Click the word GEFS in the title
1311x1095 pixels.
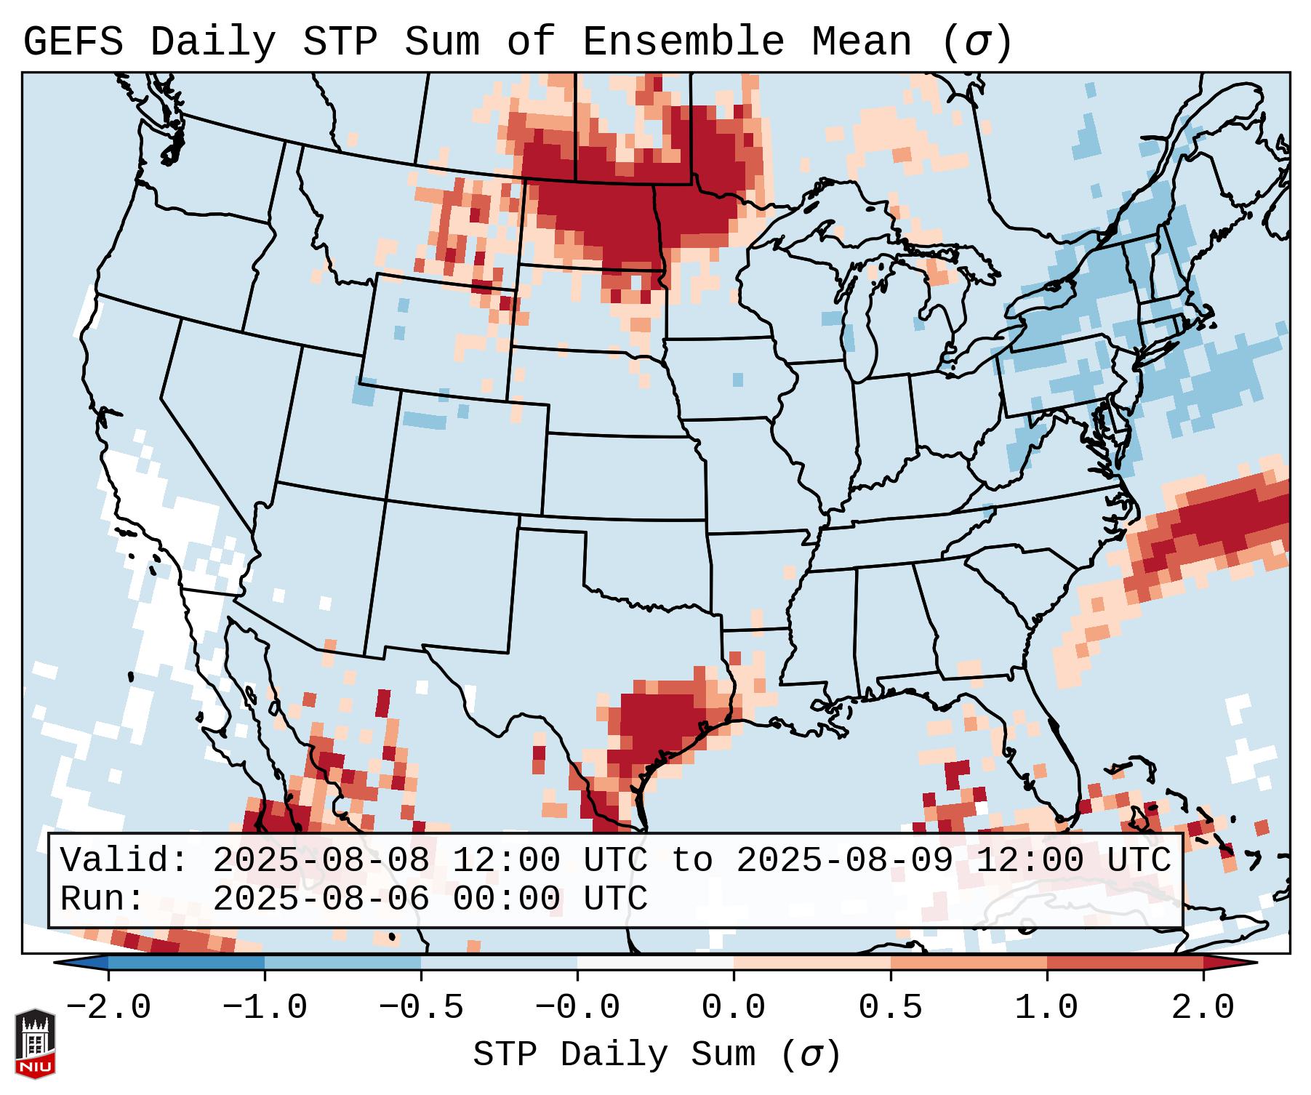click(x=73, y=42)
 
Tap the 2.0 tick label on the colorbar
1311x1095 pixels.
click(x=1203, y=1008)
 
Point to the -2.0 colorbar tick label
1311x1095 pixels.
click(x=108, y=1008)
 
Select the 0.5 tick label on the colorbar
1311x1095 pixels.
click(x=890, y=1008)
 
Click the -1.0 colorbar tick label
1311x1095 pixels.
click(x=265, y=1008)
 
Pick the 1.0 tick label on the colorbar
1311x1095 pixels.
click(x=1046, y=1008)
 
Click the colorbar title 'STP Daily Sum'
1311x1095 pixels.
click(x=614, y=1055)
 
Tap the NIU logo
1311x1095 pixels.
click(x=35, y=1043)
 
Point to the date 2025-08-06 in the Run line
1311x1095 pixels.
click(x=321, y=899)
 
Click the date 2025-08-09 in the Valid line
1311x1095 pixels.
click(x=844, y=861)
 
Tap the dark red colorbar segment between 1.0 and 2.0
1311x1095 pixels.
click(x=1124, y=963)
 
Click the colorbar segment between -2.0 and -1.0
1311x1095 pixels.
click(x=186, y=963)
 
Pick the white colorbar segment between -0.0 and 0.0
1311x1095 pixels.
click(x=655, y=963)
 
